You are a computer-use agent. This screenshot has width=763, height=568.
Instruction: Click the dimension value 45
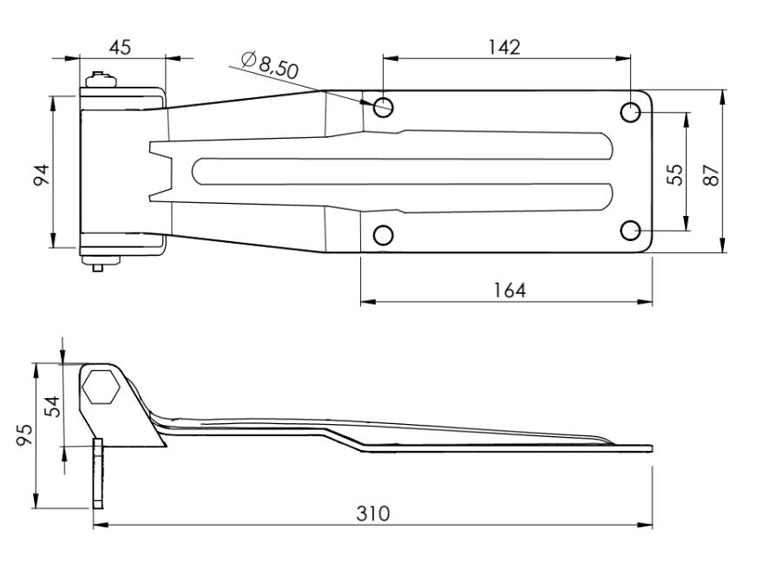pyautogui.click(x=121, y=48)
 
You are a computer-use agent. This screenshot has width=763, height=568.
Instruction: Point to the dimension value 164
pyautogui.click(x=504, y=290)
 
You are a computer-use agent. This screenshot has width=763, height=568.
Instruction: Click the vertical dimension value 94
pyautogui.click(x=38, y=172)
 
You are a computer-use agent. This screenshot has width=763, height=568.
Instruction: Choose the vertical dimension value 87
pyautogui.click(x=711, y=172)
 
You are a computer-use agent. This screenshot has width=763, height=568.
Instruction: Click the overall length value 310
pyautogui.click(x=374, y=513)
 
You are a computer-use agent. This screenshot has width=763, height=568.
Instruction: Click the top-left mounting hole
pyautogui.click(x=384, y=108)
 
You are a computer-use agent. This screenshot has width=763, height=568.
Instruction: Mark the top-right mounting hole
pyautogui.click(x=632, y=112)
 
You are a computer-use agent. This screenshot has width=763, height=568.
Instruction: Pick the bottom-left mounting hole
pyautogui.click(x=384, y=234)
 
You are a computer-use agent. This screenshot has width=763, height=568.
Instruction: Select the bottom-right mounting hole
pyautogui.click(x=632, y=230)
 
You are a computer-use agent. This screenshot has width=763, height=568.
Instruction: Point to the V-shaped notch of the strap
pyautogui.click(x=160, y=171)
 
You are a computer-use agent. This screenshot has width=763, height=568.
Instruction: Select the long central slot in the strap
pyautogui.click(x=399, y=171)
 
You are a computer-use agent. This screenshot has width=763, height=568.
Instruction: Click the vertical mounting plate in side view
pyautogui.click(x=97, y=473)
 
